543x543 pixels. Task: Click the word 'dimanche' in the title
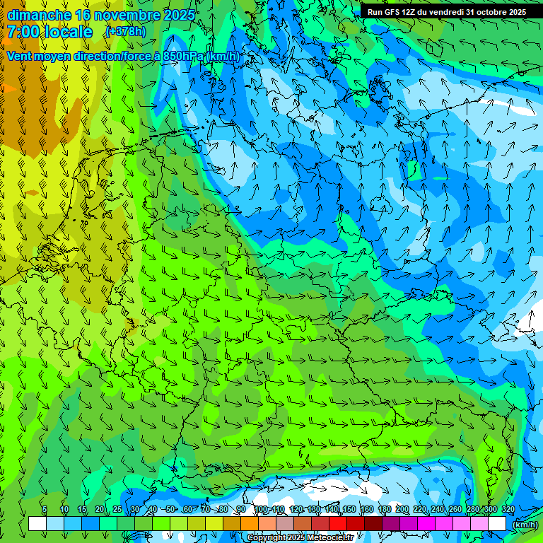[39, 15]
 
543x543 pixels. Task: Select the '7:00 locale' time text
[49, 32]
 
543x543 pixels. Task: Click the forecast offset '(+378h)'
[127, 32]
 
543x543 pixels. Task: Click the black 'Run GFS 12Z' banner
[446, 12]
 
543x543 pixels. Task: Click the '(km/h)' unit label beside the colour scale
[525, 525]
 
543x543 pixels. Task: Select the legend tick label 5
[45, 510]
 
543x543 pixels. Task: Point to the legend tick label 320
[508, 510]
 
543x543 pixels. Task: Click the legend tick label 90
[241, 510]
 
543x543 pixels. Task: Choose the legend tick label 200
[402, 510]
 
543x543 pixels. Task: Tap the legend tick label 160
[366, 510]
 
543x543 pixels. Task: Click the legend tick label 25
[117, 510]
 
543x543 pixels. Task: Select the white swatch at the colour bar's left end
[37, 524]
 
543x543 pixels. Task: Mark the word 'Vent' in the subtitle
[20, 57]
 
